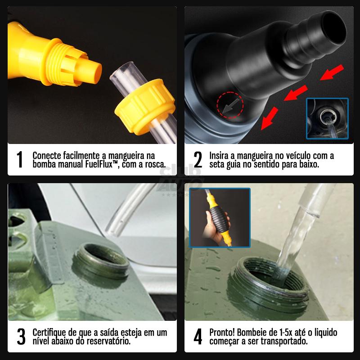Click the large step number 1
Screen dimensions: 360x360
pyautogui.click(x=19, y=160)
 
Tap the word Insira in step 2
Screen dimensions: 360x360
pyautogui.click(x=219, y=156)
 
